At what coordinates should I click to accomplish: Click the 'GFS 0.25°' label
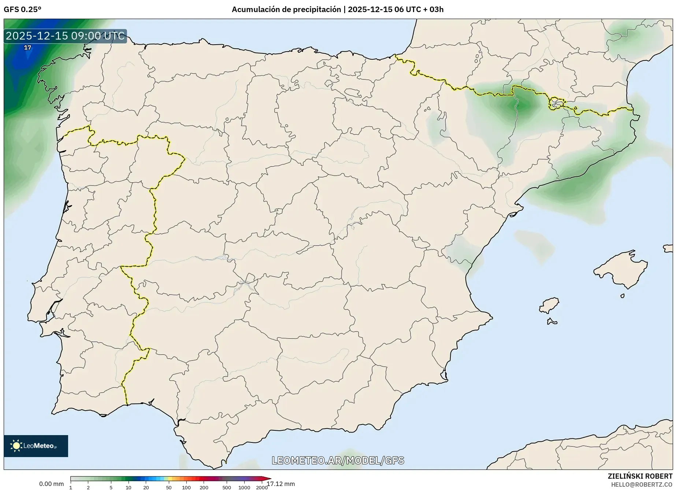[x=22, y=10]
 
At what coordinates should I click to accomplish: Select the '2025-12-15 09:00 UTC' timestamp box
[x=65, y=36]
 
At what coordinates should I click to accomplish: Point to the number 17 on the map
[x=27, y=48]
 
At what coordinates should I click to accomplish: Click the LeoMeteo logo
[x=36, y=446]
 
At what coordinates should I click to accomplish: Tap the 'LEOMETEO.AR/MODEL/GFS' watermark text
[x=338, y=460]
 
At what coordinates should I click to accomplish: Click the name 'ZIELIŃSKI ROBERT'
[x=640, y=476]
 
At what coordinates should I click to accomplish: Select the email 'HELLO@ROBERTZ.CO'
[x=642, y=485]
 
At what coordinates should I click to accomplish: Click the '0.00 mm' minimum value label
[x=51, y=484]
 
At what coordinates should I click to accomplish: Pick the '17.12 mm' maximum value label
[x=281, y=484]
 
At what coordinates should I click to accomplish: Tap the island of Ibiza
[x=550, y=305]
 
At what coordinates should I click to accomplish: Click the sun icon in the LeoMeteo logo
[x=16, y=446]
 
